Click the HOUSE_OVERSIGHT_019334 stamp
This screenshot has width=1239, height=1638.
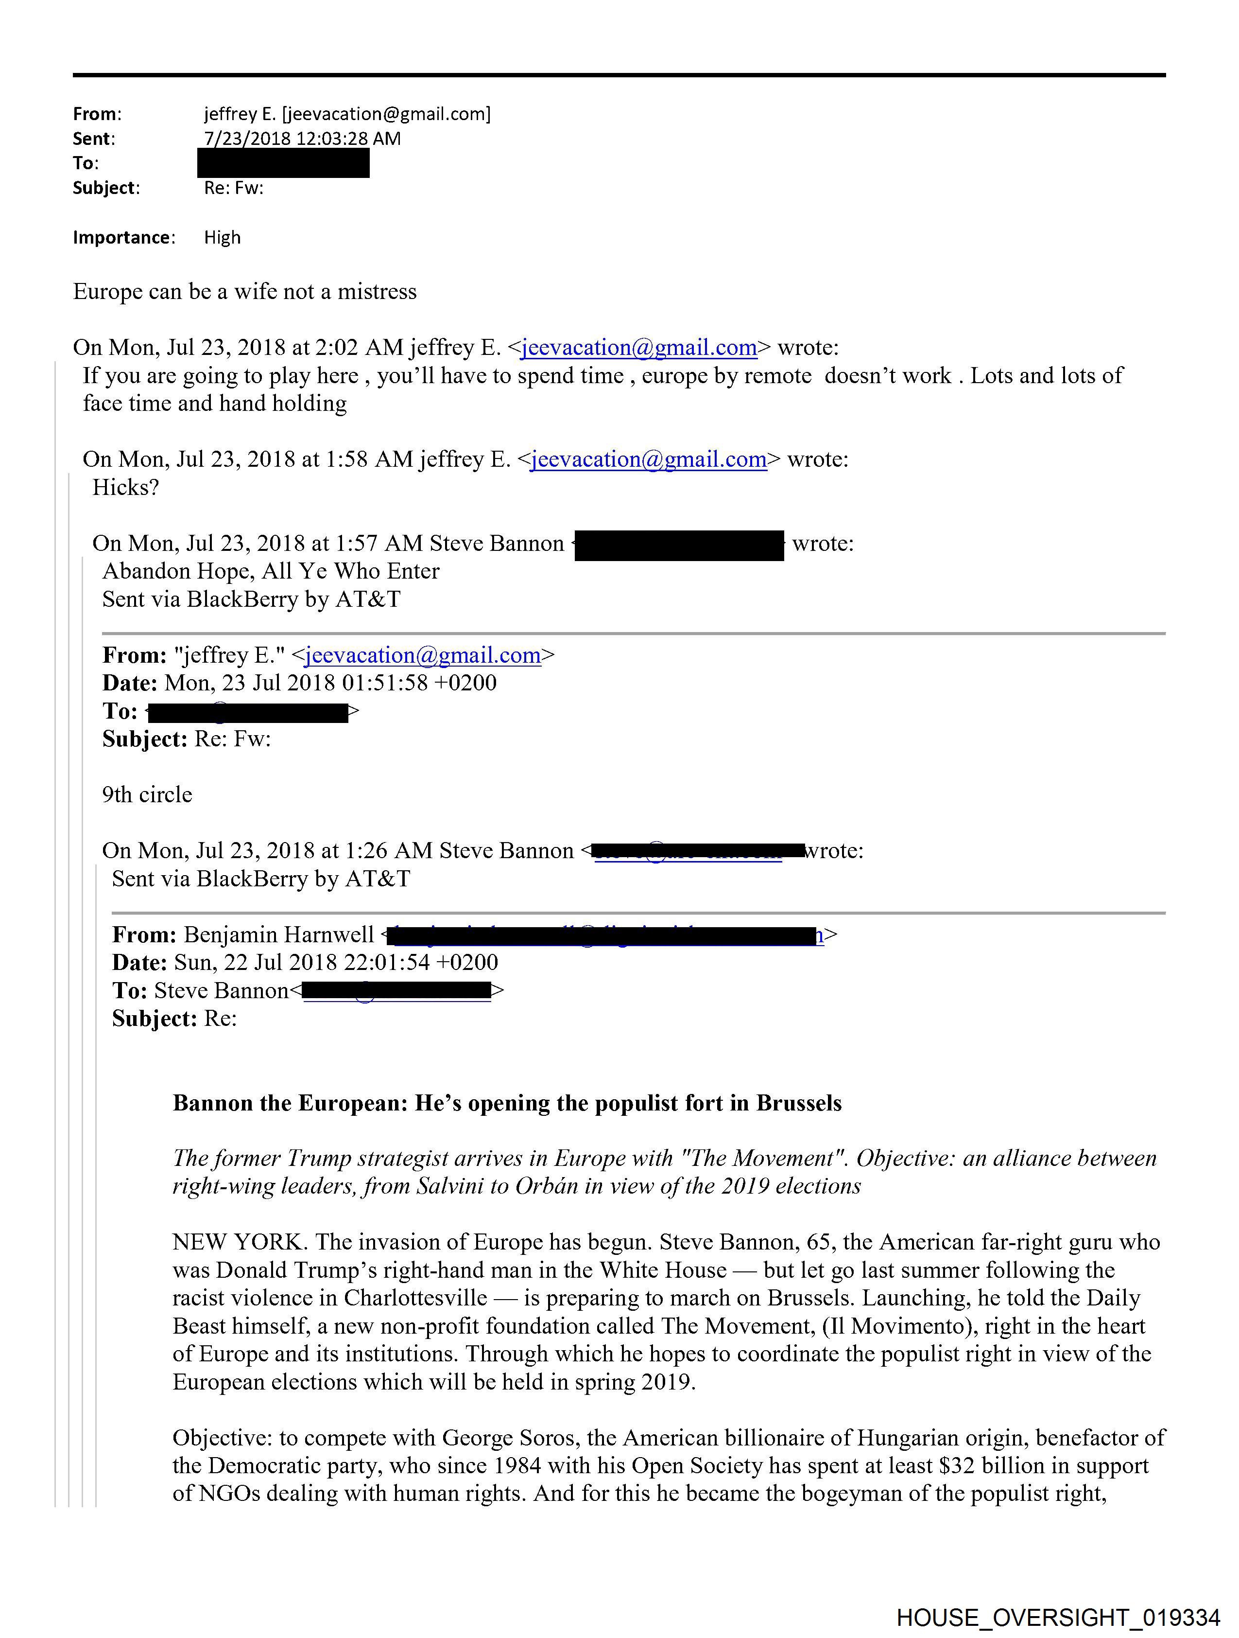[x=1058, y=1617]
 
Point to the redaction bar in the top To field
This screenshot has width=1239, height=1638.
[x=283, y=163]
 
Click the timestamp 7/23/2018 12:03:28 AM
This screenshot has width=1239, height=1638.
[x=302, y=139]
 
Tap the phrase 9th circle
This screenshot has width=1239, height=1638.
[x=147, y=794]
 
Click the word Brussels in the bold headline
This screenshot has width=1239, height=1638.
[x=799, y=1103]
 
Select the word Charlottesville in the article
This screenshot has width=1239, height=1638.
[x=416, y=1298]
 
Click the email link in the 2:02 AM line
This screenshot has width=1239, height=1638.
[x=639, y=347]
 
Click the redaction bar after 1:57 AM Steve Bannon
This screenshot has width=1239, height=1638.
[x=679, y=545]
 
